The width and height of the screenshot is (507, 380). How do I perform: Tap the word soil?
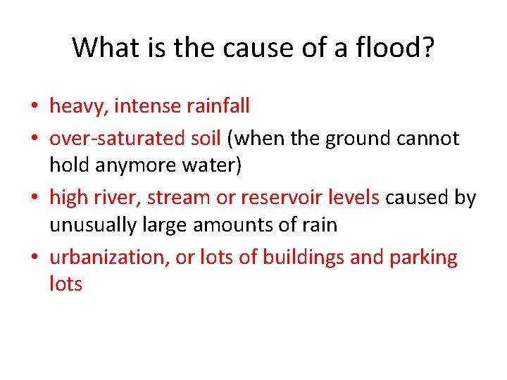point(206,139)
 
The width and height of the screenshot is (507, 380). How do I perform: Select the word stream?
point(177,198)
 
